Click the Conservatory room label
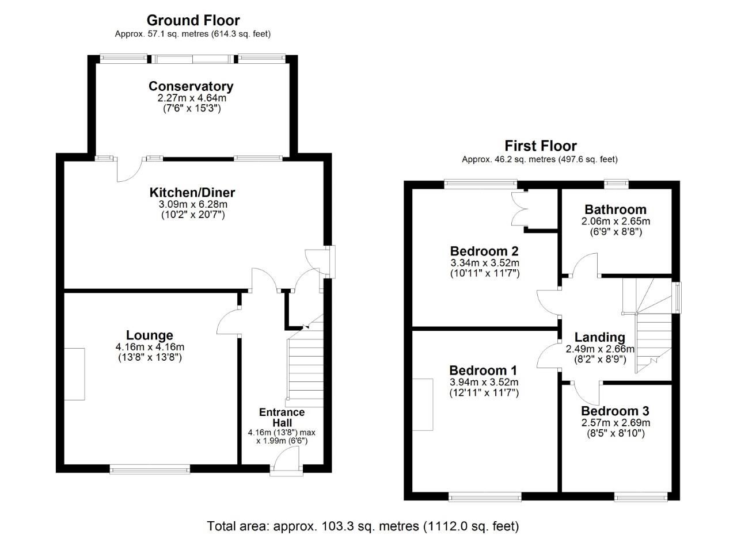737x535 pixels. (191, 86)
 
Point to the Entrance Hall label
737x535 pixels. (282, 417)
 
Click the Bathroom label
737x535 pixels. (616, 209)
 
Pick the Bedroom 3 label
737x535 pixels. (615, 411)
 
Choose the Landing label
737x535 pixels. (599, 337)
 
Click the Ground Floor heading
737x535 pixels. (193, 21)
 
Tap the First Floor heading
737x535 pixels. (540, 146)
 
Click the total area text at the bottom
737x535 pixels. (363, 526)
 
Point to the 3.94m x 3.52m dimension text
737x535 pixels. (484, 382)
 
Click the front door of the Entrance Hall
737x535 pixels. (287, 464)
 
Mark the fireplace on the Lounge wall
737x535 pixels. (74, 374)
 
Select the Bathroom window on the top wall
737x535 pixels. (616, 184)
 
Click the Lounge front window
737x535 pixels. (150, 469)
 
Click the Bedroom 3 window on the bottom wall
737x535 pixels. (641, 496)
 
